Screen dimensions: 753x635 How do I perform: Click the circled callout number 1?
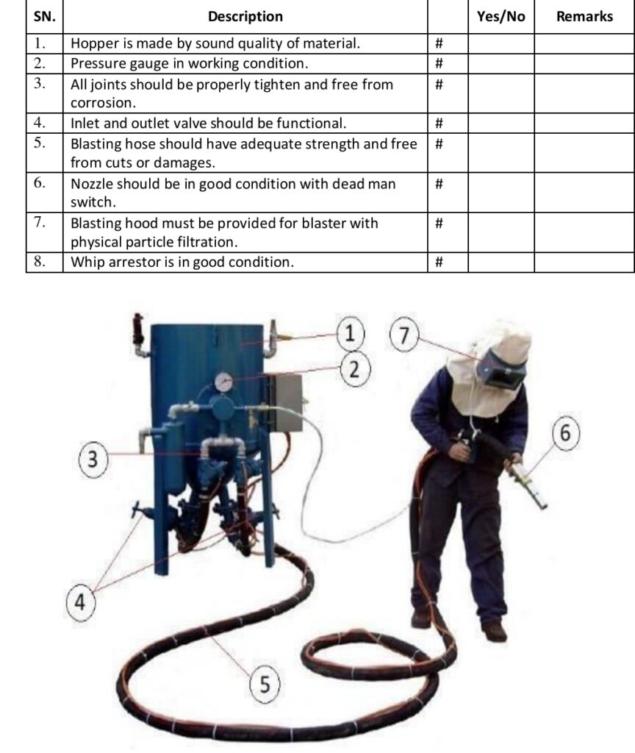pos(351,333)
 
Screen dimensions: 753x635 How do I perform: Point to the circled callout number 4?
pos(81,603)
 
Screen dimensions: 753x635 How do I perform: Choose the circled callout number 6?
pos(564,432)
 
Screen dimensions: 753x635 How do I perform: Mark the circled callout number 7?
pos(403,335)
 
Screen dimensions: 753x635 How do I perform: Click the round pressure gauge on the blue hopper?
pos(224,382)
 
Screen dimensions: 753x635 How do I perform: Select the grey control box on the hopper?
pos(285,402)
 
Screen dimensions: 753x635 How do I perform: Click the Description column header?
pos(245,16)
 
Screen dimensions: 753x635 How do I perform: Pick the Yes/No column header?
pos(501,16)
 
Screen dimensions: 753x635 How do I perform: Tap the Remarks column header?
pos(584,16)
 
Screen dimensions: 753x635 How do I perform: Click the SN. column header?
pos(44,16)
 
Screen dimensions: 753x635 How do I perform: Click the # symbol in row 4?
pos(439,124)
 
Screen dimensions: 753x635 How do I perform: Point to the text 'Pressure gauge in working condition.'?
pos(189,63)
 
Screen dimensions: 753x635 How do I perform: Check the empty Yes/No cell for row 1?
pos(501,43)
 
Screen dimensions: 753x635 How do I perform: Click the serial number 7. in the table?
pos(42,222)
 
